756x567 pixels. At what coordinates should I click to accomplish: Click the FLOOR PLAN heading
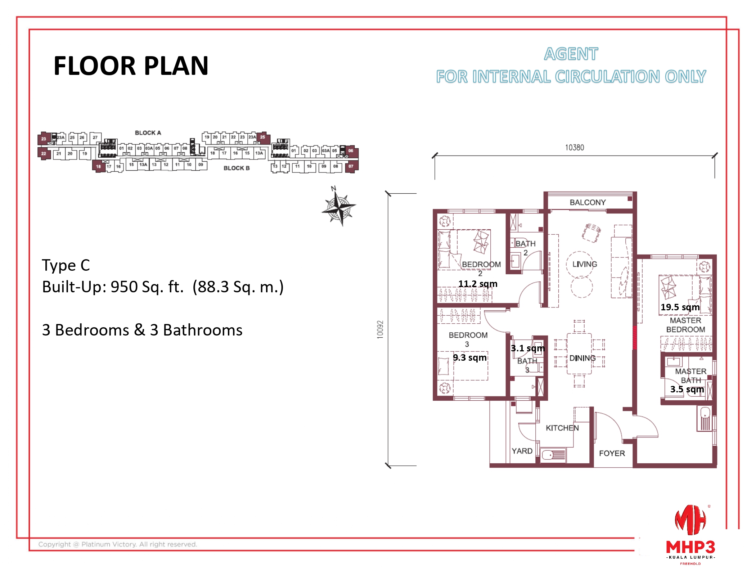[x=131, y=66]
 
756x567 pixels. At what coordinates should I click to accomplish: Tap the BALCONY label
[x=588, y=202]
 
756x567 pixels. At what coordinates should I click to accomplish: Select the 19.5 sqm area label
[x=680, y=307]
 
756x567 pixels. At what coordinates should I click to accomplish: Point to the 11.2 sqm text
[x=477, y=284]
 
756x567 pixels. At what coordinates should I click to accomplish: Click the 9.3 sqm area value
[x=469, y=357]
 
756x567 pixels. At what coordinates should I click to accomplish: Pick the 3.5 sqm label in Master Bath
[x=687, y=389]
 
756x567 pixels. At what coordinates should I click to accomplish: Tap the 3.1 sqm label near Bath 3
[x=527, y=348]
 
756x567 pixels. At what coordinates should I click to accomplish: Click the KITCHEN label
[x=562, y=428]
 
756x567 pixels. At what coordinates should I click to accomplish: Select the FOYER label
[x=612, y=453]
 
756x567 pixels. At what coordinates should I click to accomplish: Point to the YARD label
[x=522, y=451]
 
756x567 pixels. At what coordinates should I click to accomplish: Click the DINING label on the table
[x=582, y=358]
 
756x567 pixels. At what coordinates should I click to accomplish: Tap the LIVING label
[x=584, y=264]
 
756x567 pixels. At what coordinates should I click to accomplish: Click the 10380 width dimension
[x=574, y=148]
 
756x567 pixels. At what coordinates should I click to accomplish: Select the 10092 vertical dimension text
[x=380, y=329]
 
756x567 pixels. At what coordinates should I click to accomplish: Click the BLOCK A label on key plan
[x=148, y=133]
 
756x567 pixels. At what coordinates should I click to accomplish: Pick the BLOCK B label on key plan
[x=236, y=168]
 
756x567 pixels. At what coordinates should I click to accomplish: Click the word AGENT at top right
[x=571, y=54]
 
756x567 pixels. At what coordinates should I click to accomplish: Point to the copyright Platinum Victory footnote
[x=118, y=544]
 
